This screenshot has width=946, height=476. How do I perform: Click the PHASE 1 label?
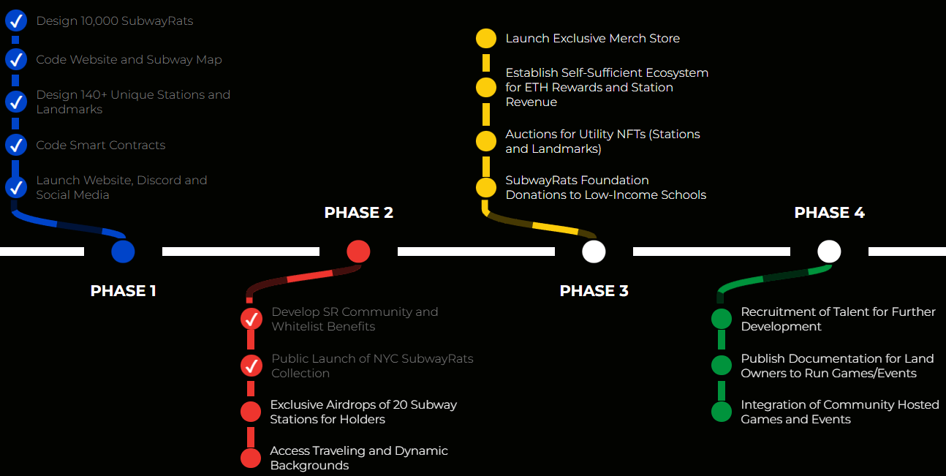(123, 291)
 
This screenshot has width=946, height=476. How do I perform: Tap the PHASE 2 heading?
(358, 213)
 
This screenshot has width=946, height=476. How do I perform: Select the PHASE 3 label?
(594, 291)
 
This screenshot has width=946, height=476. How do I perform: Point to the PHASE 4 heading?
(829, 213)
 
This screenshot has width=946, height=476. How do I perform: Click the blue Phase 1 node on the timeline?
(123, 252)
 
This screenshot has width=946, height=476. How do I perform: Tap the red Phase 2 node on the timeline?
(358, 252)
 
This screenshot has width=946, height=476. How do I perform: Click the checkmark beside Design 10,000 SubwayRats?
(16, 20)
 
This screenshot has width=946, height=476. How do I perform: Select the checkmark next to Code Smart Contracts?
(16, 145)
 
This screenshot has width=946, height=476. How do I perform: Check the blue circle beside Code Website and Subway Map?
(16, 59)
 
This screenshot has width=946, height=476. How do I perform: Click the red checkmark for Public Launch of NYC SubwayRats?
(251, 366)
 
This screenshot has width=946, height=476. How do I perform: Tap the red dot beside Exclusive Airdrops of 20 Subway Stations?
(251, 412)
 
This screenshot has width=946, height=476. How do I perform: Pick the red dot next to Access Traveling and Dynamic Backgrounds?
(251, 458)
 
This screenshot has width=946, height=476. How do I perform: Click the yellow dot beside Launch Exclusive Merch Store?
(486, 39)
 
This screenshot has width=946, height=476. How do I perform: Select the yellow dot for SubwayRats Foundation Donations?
(486, 187)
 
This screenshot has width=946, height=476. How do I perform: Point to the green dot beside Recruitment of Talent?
(722, 319)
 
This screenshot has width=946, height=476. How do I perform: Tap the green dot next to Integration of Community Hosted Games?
(722, 412)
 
